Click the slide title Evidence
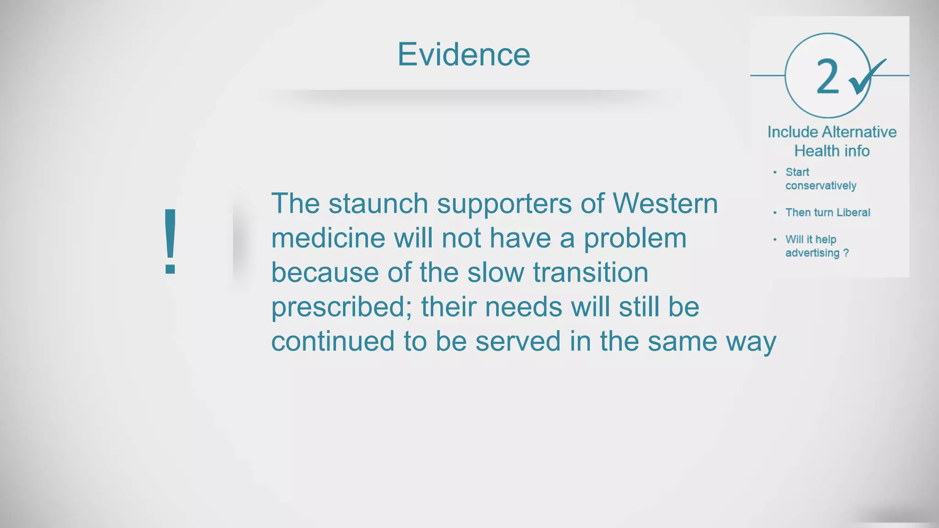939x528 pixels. (x=464, y=55)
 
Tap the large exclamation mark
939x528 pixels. (x=171, y=241)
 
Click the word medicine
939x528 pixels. (x=328, y=238)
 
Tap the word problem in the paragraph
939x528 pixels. (x=635, y=239)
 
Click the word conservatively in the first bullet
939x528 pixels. (x=821, y=186)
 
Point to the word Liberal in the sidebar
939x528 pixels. (x=853, y=212)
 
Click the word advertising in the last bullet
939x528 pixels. (x=812, y=253)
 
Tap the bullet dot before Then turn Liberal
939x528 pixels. (x=775, y=213)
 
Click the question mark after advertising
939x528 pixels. (x=846, y=253)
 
